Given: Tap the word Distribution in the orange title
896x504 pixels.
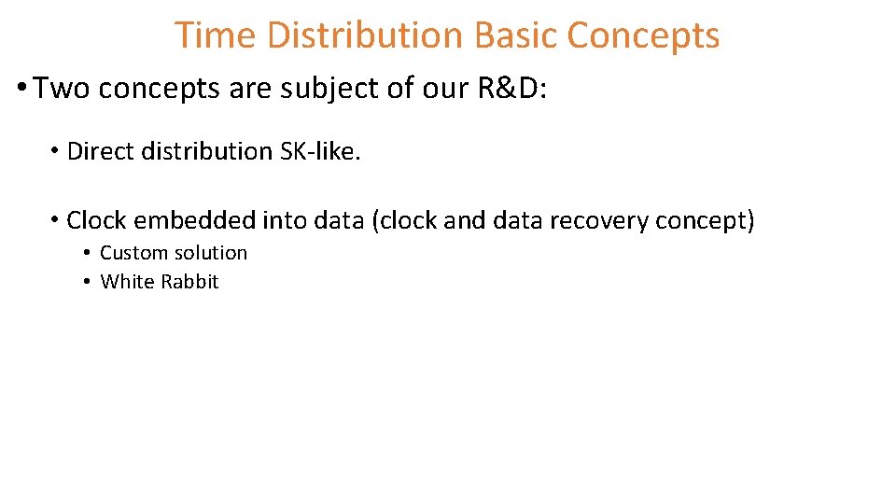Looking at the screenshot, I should pos(365,35).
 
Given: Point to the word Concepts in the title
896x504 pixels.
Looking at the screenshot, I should pos(643,35).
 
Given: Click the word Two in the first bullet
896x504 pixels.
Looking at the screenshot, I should pos(63,89).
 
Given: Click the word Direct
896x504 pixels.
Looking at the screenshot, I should pos(98,151).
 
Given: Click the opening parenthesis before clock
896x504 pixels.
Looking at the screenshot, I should pos(375,221).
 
